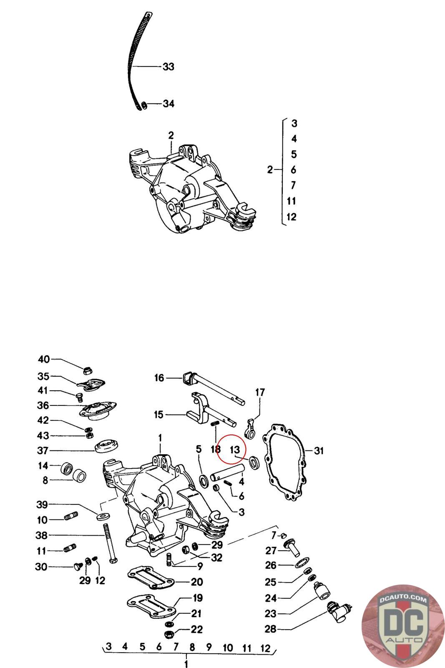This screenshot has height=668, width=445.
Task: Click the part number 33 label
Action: click(x=168, y=66)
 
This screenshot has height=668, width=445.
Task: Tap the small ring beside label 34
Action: click(x=143, y=104)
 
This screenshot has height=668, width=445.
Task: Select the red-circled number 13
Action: click(x=235, y=450)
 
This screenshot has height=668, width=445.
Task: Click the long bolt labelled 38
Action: click(x=109, y=543)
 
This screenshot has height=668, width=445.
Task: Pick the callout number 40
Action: click(x=44, y=359)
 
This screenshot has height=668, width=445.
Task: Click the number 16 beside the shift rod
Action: click(x=159, y=378)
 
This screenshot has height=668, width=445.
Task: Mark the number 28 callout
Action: click(x=271, y=629)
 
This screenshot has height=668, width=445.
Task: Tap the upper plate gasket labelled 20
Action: click(x=150, y=579)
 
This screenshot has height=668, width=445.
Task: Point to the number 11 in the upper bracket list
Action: click(x=292, y=201)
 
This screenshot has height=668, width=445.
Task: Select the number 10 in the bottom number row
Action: click(x=228, y=648)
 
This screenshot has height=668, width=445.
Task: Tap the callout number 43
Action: click(x=43, y=435)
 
